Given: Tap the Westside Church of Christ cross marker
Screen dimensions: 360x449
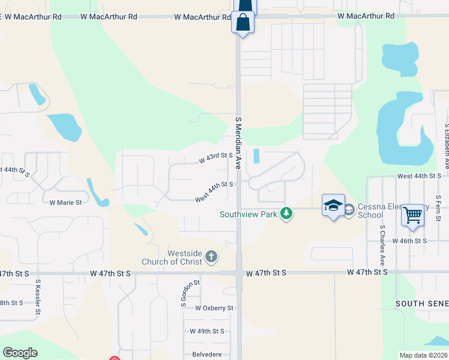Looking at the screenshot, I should coord(211,257).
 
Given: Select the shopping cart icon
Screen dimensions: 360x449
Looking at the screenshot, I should coord(412,215).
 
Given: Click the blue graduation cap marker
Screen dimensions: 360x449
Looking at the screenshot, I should coord(333,206).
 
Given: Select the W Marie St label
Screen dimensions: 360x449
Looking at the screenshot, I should coord(65,203).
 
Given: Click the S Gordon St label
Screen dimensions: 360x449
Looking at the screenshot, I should coord(184,290).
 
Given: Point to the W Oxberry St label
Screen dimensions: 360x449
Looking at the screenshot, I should coord(214,308).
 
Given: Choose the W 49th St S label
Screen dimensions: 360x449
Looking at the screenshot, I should coord(206,331).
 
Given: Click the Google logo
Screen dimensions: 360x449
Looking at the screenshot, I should coord(20,353).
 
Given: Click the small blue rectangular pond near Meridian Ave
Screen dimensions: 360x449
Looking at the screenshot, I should coord(257,156).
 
